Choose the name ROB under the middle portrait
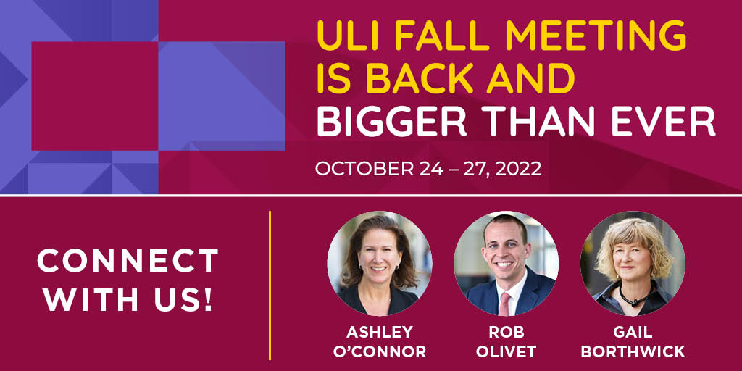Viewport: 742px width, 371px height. point(506,332)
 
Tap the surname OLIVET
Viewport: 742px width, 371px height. point(506,352)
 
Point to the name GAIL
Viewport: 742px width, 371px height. point(632,332)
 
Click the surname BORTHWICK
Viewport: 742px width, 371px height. point(632,352)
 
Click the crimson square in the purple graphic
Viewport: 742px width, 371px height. point(94,96)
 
